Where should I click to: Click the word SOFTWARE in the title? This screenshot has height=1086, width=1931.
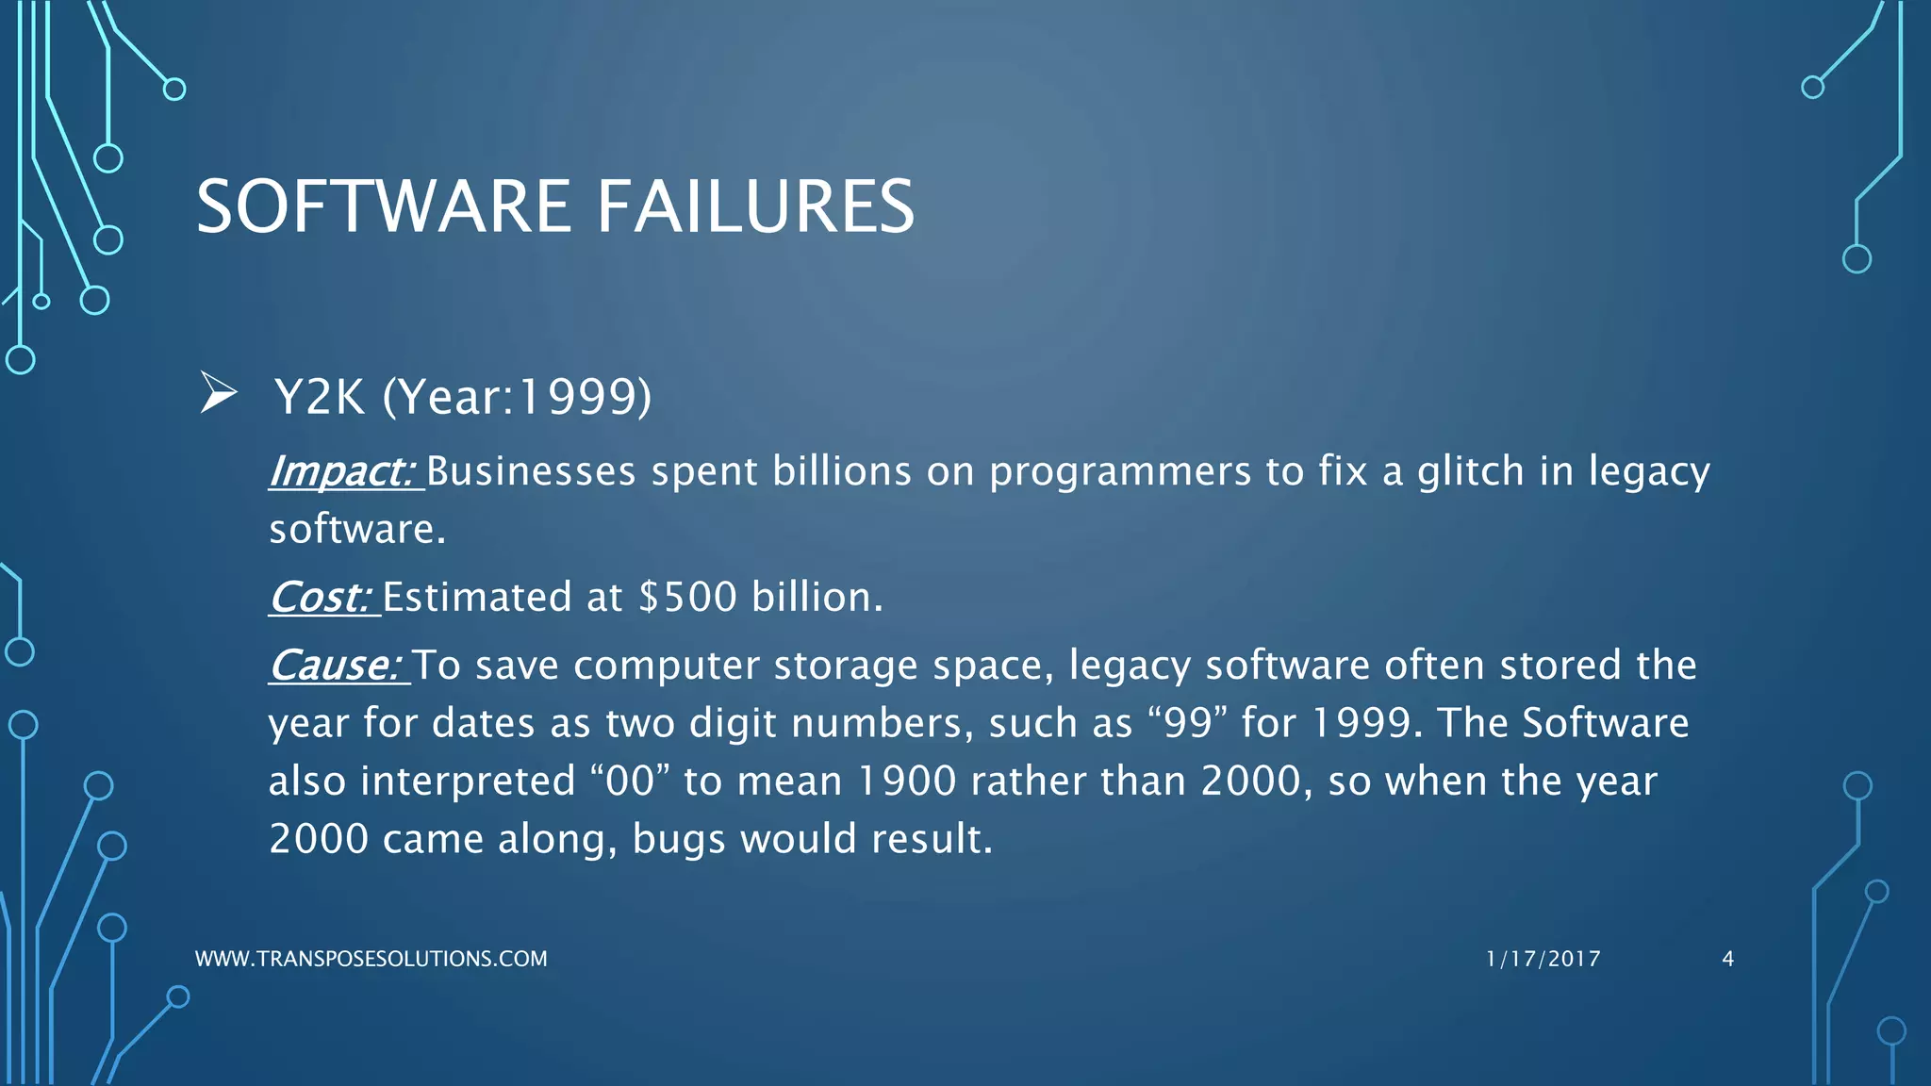click(383, 206)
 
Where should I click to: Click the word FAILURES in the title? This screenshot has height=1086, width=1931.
click(755, 206)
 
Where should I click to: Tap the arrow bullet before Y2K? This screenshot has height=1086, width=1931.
click(218, 393)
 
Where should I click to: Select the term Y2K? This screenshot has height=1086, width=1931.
click(320, 397)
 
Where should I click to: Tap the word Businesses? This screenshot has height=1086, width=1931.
click(531, 471)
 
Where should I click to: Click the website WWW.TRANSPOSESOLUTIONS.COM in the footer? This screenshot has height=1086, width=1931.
click(371, 959)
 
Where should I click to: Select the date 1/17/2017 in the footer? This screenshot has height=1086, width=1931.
click(1543, 959)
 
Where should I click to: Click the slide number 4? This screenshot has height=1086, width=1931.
click(1727, 959)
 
